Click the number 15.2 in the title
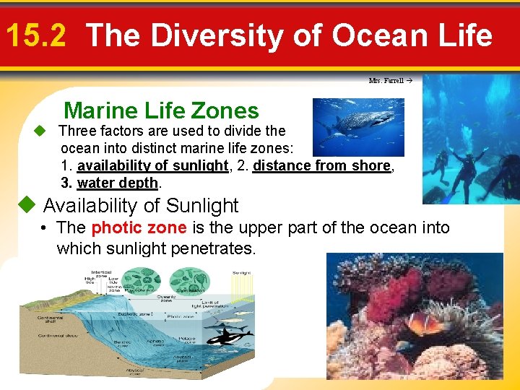(35, 35)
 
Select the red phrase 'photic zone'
(139, 228)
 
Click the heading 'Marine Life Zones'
(161, 110)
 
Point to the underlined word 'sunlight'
(201, 165)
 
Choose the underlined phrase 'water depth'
(117, 183)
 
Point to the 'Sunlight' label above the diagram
(241, 273)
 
